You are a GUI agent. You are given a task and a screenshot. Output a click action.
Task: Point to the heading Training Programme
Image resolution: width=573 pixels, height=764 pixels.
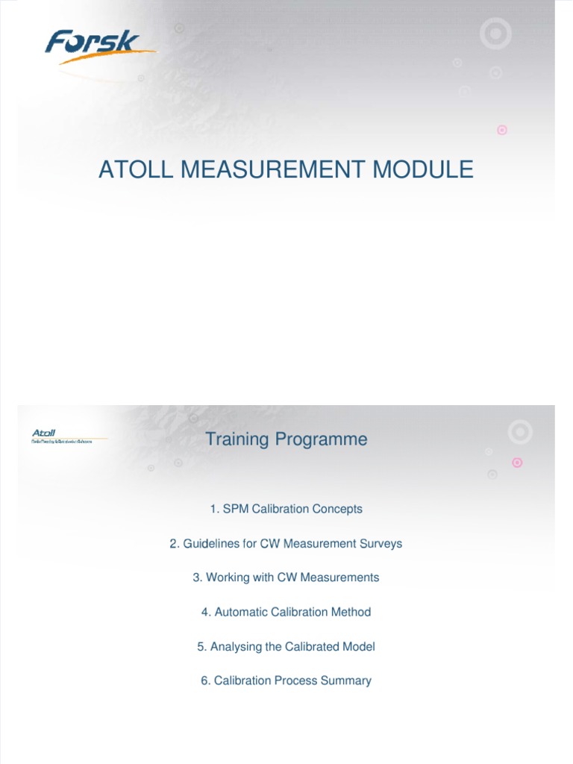(286, 439)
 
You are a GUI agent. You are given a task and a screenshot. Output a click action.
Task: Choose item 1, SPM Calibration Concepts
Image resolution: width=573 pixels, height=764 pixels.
(286, 509)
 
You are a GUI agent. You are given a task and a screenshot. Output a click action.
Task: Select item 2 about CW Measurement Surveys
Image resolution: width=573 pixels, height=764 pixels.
(286, 543)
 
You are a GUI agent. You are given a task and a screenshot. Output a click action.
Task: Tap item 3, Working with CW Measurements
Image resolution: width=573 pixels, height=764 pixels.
(286, 577)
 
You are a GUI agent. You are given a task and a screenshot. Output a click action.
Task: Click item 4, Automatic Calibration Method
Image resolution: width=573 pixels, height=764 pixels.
(286, 612)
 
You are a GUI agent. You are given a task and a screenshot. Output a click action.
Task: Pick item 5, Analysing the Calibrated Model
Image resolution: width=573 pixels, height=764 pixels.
(286, 646)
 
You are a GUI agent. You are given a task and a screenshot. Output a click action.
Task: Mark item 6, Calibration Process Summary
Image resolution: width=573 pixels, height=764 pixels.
(286, 680)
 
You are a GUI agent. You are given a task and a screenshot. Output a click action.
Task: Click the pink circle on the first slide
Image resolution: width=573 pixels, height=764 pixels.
(502, 130)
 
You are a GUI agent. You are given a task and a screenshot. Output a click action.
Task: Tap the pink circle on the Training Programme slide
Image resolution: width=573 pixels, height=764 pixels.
(518, 463)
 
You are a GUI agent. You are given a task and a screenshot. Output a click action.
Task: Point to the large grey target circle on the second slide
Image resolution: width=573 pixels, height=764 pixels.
(520, 432)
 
